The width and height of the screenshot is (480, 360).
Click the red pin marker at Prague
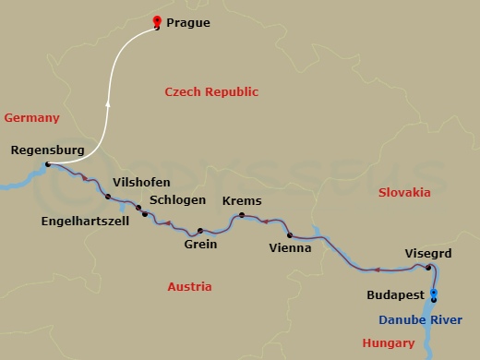[x=156, y=22]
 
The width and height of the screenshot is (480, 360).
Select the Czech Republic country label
[x=211, y=91]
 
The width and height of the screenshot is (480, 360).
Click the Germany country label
[x=31, y=117]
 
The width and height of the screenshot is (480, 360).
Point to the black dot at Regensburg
[x=48, y=165]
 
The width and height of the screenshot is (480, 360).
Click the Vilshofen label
[x=140, y=182]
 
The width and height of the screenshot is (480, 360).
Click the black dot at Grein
[x=199, y=230]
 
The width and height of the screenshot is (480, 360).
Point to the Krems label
[x=242, y=200]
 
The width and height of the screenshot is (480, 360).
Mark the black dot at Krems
[x=242, y=216]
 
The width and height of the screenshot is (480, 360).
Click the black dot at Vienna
[x=290, y=235]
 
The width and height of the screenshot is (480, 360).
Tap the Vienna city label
[x=289, y=248]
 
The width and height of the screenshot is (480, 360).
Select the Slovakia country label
[x=404, y=192]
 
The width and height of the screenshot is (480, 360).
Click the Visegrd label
[x=428, y=252]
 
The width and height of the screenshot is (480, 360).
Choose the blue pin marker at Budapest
[x=433, y=294]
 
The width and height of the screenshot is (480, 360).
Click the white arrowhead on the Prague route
[x=109, y=104]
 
